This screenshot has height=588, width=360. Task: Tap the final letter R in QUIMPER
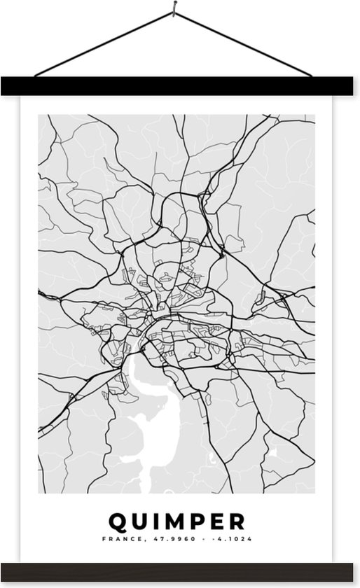[x=239, y=521]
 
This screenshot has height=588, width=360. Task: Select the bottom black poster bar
[x=179, y=571]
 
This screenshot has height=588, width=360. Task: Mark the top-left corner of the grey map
[x=39, y=115]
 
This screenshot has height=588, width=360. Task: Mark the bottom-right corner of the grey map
[x=314, y=493]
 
